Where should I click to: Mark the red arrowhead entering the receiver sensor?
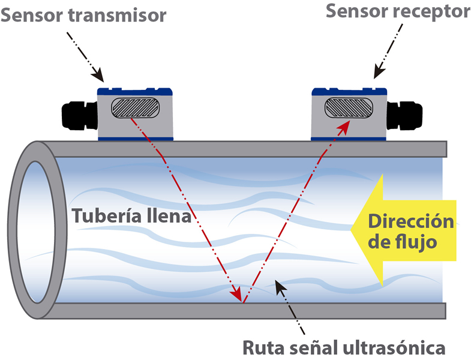pos(344,125)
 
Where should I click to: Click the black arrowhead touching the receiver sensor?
pos(378,73)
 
